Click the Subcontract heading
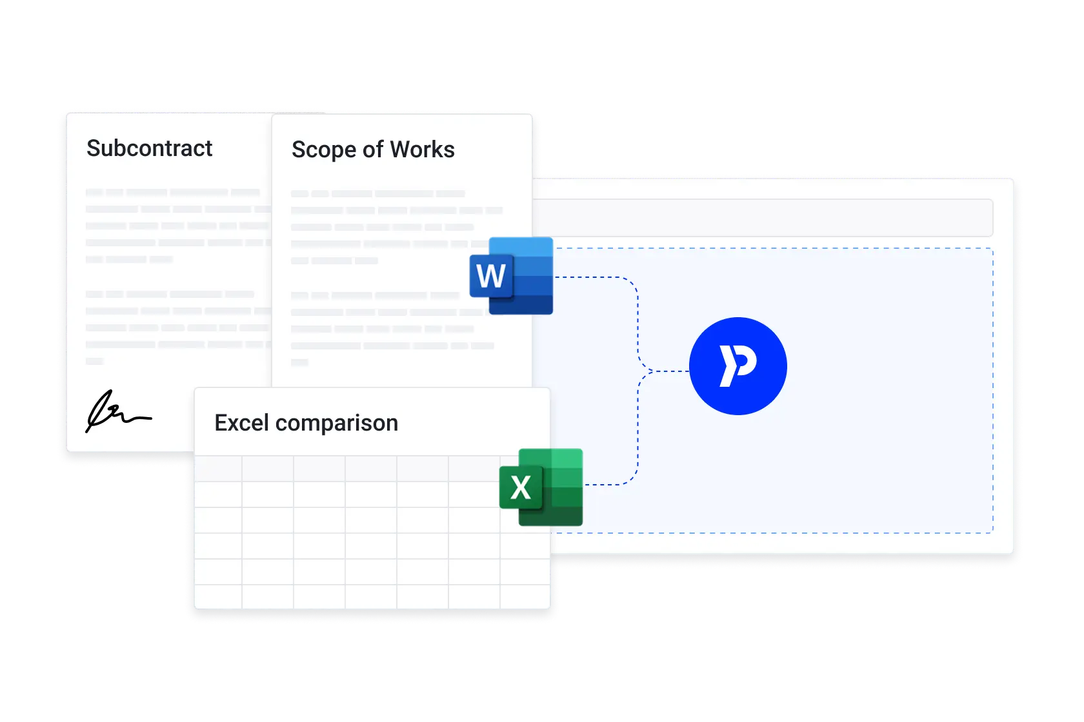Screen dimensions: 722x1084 point(149,148)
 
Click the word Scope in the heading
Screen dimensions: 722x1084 point(323,150)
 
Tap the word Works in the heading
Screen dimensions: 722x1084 point(422,150)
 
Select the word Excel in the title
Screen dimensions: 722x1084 point(241,423)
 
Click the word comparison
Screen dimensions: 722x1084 point(336,424)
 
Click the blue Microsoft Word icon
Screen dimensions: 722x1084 point(512,276)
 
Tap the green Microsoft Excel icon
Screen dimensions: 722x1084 point(541,487)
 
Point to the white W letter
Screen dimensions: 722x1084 point(491,277)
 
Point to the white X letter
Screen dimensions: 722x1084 point(521,487)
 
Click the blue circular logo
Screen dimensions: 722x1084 point(738,366)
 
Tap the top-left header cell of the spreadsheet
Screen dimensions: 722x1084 point(218,469)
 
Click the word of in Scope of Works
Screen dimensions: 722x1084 point(373,150)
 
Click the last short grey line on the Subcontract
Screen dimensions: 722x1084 point(95,361)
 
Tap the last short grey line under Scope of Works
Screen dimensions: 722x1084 point(299,362)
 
